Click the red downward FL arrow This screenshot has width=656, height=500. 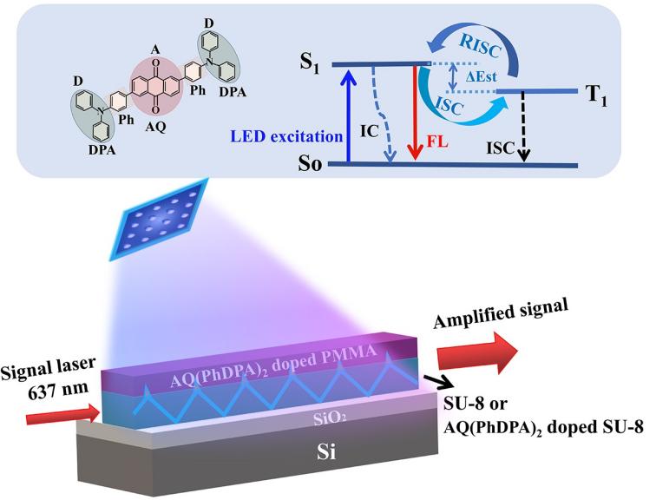coord(418,113)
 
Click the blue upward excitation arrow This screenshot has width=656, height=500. coord(348,113)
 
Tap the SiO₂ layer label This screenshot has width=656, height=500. coord(313,418)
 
